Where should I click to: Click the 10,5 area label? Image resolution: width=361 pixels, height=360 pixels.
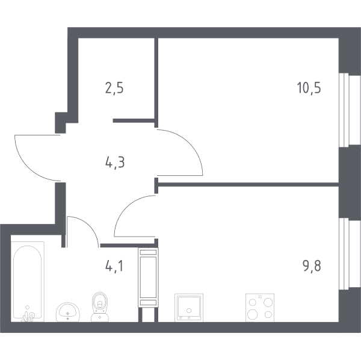coord(309,88)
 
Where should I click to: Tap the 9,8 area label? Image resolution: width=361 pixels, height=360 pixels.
coord(312,266)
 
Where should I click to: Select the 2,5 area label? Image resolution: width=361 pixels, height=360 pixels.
coord(114,88)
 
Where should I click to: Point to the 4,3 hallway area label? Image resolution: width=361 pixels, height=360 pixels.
coord(115,163)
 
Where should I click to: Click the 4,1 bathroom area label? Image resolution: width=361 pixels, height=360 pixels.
coord(114,266)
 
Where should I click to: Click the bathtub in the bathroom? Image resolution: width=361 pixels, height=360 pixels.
coord(28,282)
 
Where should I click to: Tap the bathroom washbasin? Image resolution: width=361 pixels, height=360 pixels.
coord(68,312)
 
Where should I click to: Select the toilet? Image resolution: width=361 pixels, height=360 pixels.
coord(100,307)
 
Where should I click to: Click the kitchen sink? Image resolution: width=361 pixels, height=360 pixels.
coord(189,308)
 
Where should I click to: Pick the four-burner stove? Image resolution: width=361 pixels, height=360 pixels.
coord(260,308)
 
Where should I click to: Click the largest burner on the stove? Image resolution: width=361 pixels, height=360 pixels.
coord(253,314)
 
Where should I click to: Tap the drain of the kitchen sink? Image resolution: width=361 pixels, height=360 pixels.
coord(189,311)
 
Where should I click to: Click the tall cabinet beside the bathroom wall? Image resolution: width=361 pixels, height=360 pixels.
coord(148,278)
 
